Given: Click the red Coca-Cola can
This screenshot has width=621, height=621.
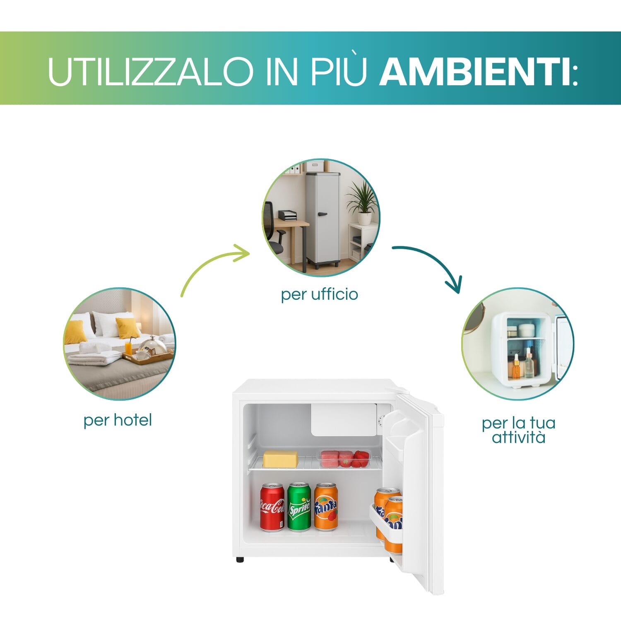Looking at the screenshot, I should (272, 507).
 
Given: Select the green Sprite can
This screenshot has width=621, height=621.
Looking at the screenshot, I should (299, 507).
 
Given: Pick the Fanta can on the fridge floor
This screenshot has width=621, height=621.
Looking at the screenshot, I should (326, 507).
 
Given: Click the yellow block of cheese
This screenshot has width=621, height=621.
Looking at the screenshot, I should (280, 459).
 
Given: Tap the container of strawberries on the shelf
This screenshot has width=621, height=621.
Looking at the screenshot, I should (344, 458).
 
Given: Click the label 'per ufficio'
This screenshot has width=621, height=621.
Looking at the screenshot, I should (319, 294).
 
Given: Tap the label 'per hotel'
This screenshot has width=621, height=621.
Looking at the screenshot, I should (118, 420).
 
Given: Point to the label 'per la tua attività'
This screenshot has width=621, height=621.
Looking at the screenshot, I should (518, 430).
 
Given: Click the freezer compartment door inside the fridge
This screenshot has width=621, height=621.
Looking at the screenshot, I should (343, 419).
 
